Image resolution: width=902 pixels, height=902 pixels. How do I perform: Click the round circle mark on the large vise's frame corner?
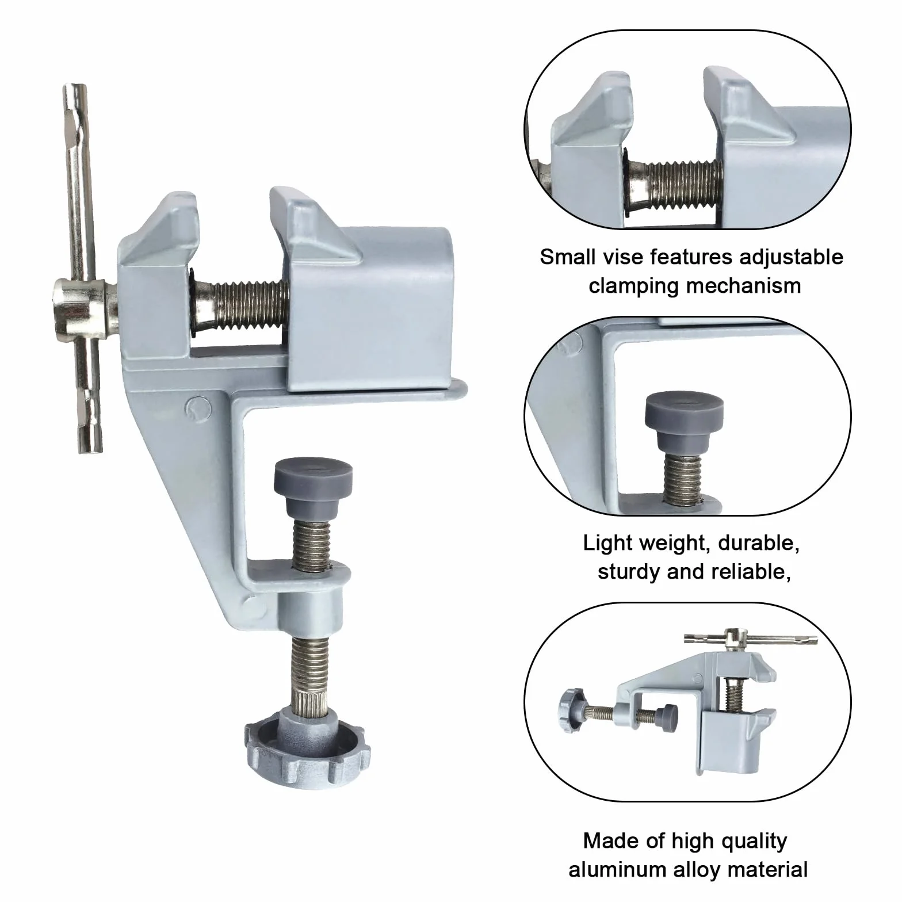tap(196, 406)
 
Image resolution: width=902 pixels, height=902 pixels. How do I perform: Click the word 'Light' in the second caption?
tap(606, 544)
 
